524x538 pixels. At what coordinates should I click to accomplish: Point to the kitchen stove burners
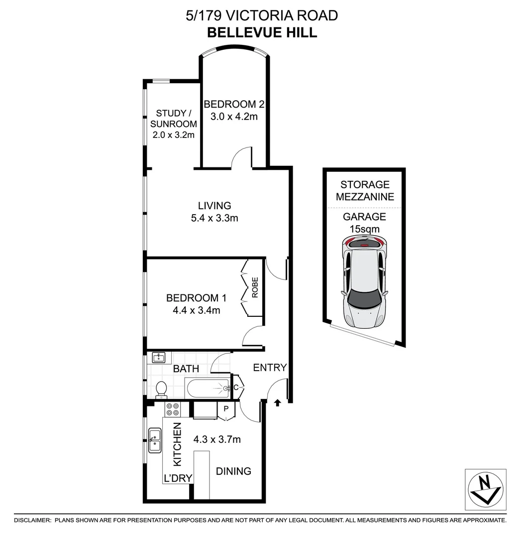(x=173, y=409)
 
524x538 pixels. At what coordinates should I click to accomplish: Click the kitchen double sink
(x=155, y=440)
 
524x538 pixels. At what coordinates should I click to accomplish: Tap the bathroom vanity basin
(x=159, y=357)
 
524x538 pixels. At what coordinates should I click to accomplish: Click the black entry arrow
(x=277, y=402)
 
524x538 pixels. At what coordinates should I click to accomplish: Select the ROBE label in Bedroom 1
(x=255, y=287)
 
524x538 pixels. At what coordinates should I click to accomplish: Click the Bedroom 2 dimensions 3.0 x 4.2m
(x=233, y=117)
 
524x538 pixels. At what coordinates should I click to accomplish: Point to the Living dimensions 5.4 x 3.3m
(x=214, y=218)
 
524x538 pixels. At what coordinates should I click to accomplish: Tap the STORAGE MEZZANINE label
(x=365, y=191)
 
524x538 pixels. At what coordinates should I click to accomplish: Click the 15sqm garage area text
(x=365, y=229)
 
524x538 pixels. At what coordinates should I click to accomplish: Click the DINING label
(x=233, y=471)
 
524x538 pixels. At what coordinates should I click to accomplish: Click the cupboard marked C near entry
(x=236, y=387)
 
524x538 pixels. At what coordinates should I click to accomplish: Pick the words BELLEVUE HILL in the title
(x=262, y=33)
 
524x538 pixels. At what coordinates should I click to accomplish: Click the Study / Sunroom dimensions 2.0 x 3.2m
(x=173, y=135)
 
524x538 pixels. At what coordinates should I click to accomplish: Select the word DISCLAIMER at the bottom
(x=32, y=520)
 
